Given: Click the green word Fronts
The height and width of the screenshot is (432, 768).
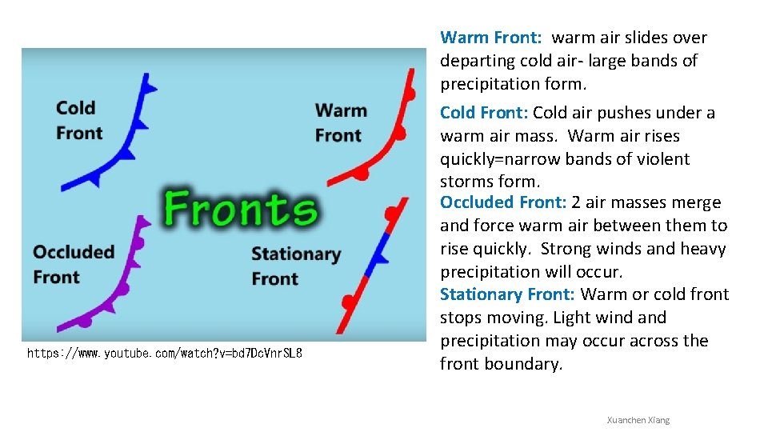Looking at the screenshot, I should [x=241, y=209].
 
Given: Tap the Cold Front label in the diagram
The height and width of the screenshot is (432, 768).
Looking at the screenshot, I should [x=78, y=120].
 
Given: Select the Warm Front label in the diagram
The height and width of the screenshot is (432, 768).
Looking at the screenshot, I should [x=341, y=122].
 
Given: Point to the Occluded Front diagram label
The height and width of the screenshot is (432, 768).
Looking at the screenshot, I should [x=74, y=265].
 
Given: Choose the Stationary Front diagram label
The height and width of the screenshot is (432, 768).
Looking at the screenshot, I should [x=295, y=266].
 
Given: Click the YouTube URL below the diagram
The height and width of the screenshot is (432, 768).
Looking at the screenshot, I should [x=165, y=353].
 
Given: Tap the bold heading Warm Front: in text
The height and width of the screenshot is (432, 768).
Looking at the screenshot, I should [x=491, y=38].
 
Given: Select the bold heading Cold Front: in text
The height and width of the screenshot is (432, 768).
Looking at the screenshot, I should [x=484, y=113].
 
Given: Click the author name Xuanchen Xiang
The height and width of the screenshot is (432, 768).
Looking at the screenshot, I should [x=638, y=420].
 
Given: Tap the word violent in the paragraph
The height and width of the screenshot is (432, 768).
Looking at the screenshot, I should [x=663, y=159].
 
